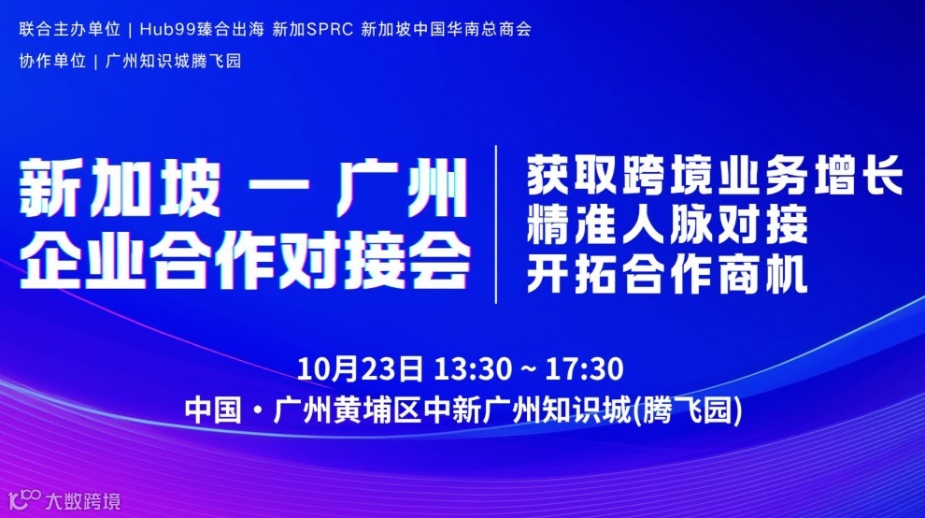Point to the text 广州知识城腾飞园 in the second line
(174, 62)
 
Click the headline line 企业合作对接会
(245, 258)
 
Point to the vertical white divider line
(496, 224)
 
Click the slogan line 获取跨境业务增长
(714, 176)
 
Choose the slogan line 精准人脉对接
(667, 225)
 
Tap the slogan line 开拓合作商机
(667, 275)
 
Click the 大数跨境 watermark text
(85, 501)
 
